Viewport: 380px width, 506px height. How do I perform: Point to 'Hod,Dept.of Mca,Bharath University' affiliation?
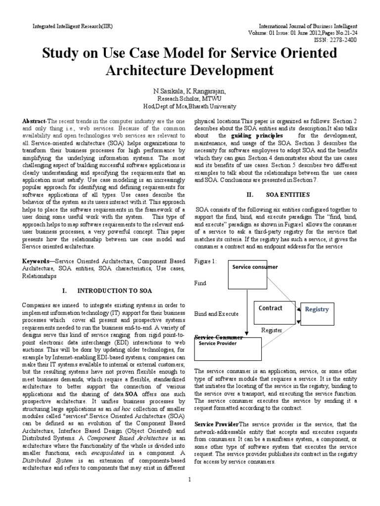click(190, 106)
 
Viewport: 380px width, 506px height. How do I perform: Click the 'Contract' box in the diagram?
click(271, 308)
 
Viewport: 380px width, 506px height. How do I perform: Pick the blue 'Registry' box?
click(317, 310)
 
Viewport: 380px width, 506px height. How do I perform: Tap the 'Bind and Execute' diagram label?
click(217, 314)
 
